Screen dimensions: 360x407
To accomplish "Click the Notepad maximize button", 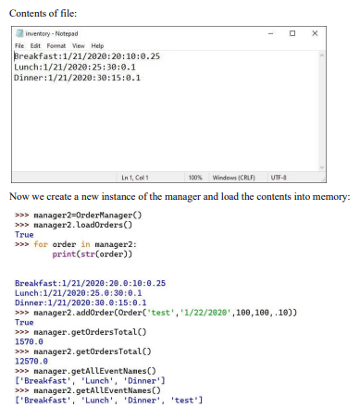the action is (x=292, y=33).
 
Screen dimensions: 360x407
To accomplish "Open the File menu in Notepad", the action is (x=19, y=44).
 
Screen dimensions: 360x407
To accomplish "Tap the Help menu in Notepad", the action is (x=96, y=44).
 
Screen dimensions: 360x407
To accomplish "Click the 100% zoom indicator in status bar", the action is (x=194, y=176).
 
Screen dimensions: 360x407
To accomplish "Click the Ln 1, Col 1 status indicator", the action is (x=134, y=176).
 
